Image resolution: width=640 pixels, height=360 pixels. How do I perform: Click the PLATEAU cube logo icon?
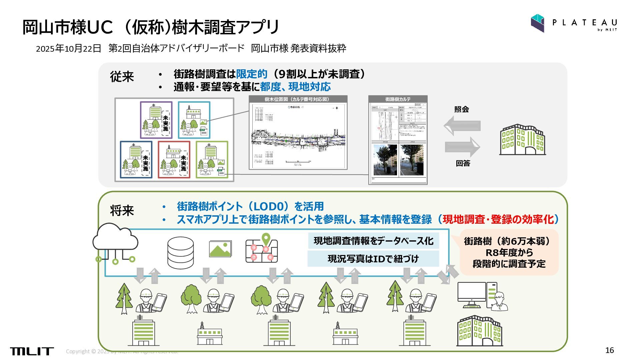tap(537, 23)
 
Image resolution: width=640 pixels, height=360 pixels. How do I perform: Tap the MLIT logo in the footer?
tap(32, 351)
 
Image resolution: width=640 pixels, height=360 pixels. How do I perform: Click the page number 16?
tap(609, 350)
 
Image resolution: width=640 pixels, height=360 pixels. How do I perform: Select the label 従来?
tap(122, 77)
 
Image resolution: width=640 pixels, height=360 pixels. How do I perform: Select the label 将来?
tap(122, 211)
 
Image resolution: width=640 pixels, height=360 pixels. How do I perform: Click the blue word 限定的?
tap(252, 74)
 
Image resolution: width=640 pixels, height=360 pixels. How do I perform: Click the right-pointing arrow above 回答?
tap(463, 147)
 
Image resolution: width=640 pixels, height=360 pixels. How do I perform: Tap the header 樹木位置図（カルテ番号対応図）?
tap(298, 99)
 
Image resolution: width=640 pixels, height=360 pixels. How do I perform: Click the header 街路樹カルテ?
tap(398, 99)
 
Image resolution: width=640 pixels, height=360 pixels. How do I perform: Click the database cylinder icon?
tap(180, 253)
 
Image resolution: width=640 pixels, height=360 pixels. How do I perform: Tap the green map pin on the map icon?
tap(266, 238)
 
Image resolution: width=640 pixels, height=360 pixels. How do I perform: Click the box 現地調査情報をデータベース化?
tap(373, 241)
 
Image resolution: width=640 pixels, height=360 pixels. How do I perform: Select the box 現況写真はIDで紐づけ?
tap(373, 259)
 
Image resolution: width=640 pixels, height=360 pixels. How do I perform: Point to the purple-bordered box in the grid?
tap(156, 120)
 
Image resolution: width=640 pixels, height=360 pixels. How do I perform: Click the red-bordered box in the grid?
tap(174, 159)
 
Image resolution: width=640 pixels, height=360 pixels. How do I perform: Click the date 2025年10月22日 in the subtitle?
tap(68, 49)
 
